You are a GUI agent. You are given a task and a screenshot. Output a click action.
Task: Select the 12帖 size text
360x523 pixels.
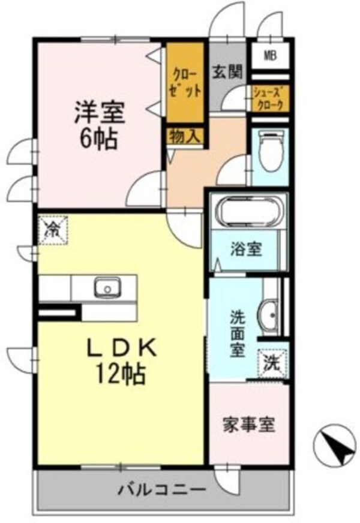tap(120, 375)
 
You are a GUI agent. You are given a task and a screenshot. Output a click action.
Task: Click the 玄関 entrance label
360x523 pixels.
tap(227, 71)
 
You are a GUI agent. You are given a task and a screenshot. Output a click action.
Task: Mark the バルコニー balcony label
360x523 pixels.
tap(162, 488)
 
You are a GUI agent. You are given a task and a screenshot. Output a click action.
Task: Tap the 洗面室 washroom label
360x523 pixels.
tap(238, 333)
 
